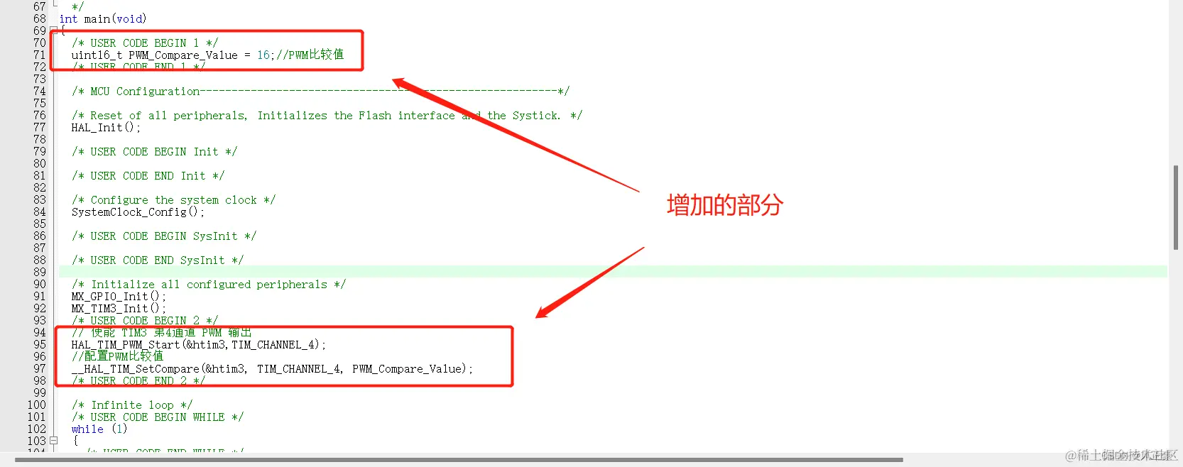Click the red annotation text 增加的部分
[724, 205]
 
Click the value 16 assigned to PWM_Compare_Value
[263, 55]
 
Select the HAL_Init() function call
[105, 128]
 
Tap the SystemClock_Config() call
[137, 212]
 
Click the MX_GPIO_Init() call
[118, 297]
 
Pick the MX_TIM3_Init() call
[118, 309]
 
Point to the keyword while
[87, 429]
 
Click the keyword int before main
[68, 19]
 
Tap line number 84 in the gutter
[39, 212]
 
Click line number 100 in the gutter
[36, 405]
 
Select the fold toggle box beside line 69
[53, 31]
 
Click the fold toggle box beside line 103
[53, 441]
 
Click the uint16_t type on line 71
[97, 55]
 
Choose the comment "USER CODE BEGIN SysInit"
[164, 236]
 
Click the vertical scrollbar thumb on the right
[1176, 207]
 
